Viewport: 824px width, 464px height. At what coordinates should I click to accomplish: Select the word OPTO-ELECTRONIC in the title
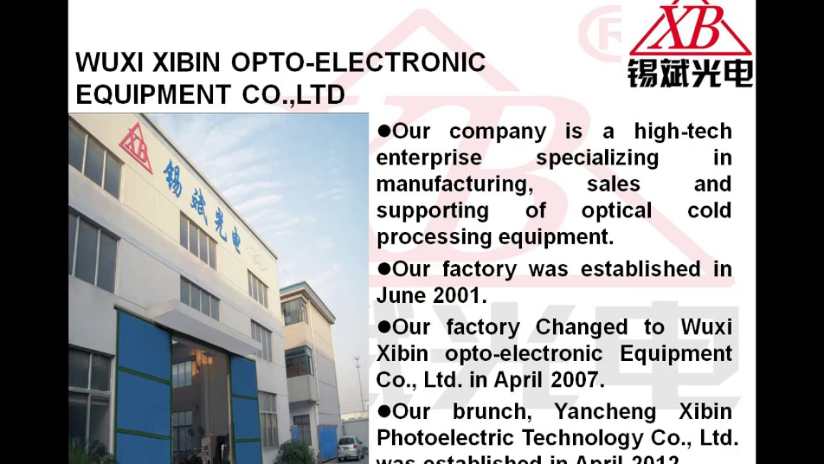(358, 63)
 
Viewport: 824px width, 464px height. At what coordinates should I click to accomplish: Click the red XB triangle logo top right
(690, 29)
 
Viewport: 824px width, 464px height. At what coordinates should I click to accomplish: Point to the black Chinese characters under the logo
(690, 73)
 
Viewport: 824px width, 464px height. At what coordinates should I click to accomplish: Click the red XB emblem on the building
(136, 149)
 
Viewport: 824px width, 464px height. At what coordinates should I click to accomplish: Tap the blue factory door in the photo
(143, 387)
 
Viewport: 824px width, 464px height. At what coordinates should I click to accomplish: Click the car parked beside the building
(350, 447)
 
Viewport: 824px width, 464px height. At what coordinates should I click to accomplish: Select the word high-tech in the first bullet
(682, 131)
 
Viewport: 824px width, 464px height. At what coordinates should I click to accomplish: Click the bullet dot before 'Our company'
(384, 131)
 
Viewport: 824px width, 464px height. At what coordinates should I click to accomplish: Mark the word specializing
(597, 158)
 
